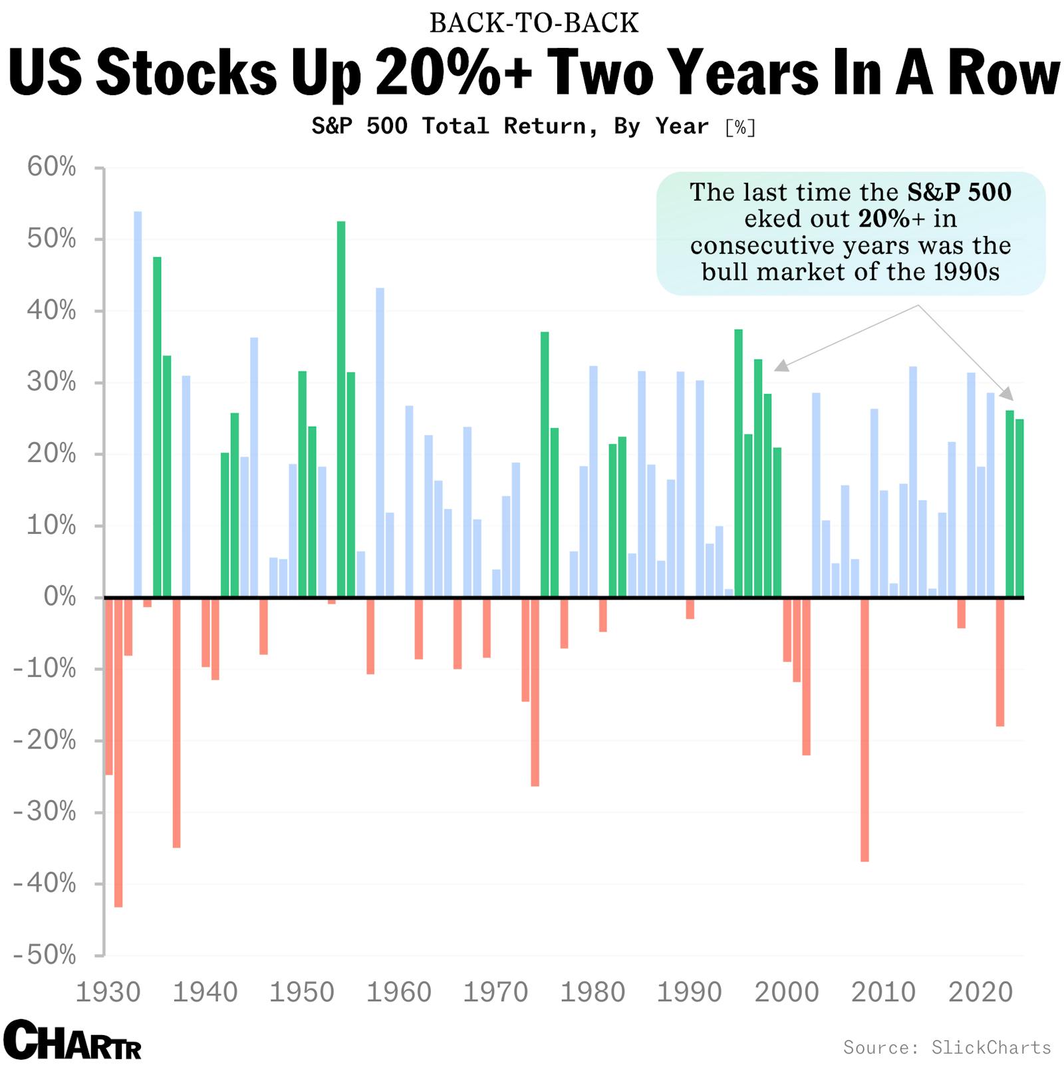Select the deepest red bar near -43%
tap(118, 751)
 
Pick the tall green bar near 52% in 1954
tap(341, 409)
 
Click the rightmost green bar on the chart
tap(1019, 508)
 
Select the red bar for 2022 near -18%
tap(1000, 661)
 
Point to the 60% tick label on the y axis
tap(52, 168)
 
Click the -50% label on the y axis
tap(45, 955)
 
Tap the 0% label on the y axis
tap(60, 597)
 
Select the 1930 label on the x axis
tap(108, 993)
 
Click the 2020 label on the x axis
tap(980, 993)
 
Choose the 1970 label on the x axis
tap(495, 993)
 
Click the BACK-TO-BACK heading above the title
tap(533, 23)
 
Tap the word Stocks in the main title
tap(186, 73)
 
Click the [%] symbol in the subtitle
tap(740, 127)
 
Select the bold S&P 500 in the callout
tap(959, 192)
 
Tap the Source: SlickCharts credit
tap(947, 1047)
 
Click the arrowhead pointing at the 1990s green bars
tap(781, 366)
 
